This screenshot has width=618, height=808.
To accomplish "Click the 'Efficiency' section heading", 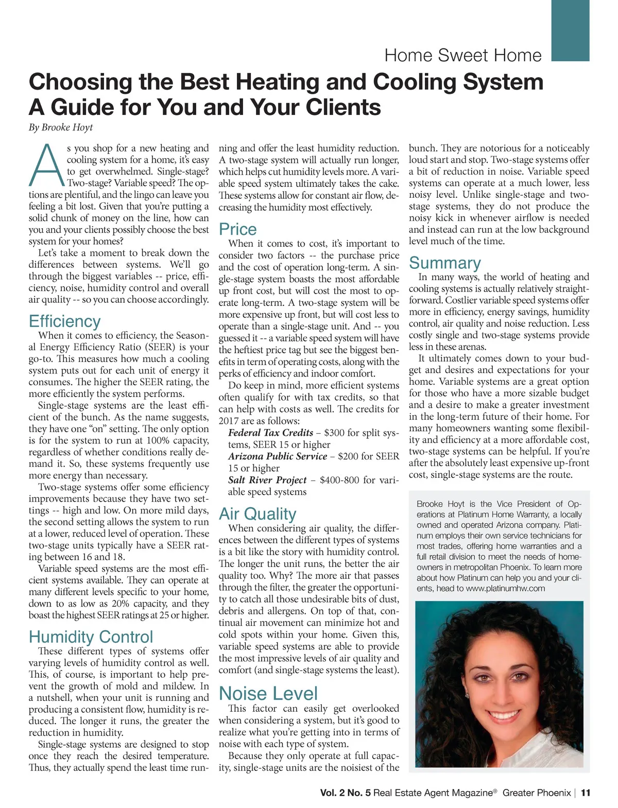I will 65,321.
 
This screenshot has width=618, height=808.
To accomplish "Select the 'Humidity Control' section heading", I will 91,637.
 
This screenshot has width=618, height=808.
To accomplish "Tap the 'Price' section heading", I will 237,229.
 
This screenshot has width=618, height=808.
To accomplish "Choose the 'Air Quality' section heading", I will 257,514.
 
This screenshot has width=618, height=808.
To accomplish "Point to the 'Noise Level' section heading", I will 268,694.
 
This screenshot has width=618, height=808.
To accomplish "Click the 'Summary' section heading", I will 445,263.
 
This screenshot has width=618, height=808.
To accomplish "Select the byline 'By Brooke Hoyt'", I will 61,128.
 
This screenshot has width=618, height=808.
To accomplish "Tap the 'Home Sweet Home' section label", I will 463,56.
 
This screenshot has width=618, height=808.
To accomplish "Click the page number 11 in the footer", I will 586,793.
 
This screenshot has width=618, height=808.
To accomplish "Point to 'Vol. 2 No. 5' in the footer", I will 345,793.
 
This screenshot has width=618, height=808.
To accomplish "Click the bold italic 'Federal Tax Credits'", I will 271,433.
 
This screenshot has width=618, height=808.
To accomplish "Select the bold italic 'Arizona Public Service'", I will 278,456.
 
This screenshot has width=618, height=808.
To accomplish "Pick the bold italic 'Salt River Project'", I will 267,480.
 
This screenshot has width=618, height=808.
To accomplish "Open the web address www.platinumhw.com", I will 505,588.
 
